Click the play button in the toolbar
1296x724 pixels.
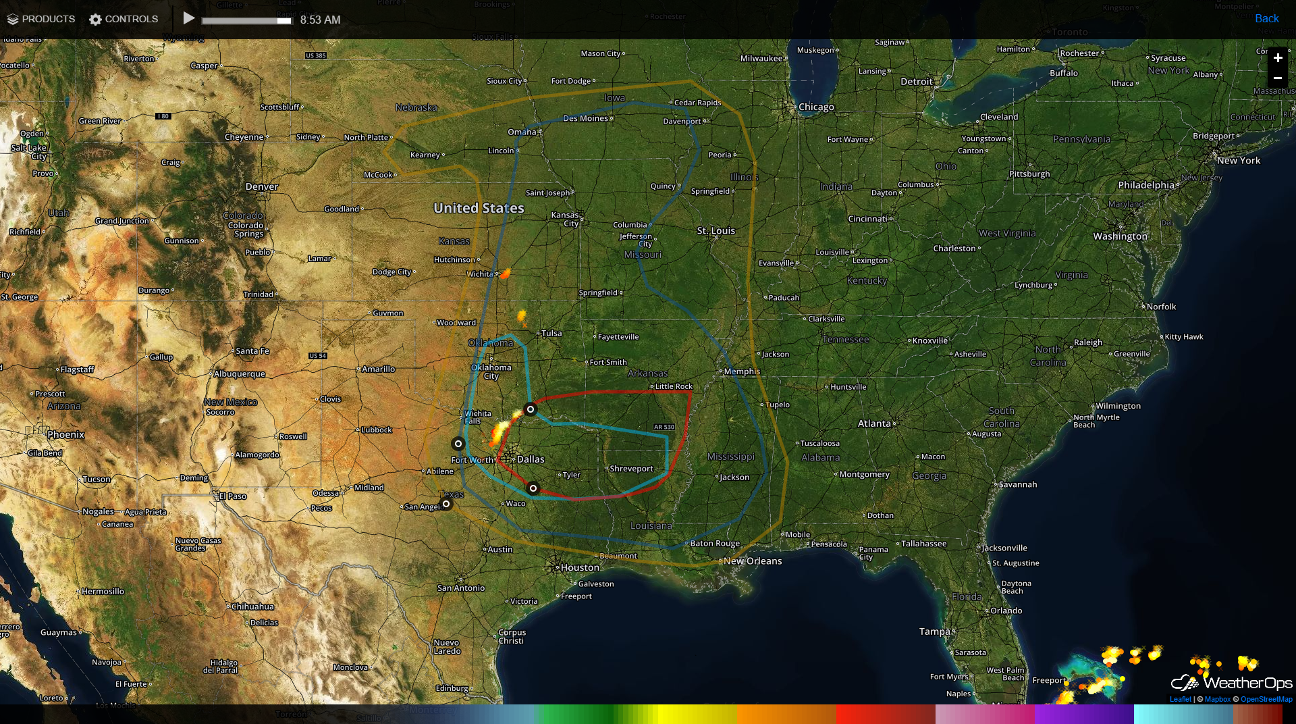point(189,19)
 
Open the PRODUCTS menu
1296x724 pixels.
point(41,19)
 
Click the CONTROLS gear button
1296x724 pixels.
point(124,19)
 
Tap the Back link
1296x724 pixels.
point(1266,19)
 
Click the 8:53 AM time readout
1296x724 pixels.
point(320,20)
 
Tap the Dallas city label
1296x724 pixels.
point(531,459)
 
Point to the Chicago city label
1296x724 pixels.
point(816,107)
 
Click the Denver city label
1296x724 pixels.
point(262,187)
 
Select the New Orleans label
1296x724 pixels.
point(753,561)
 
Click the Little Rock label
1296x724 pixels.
point(674,387)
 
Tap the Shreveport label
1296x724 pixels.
point(631,469)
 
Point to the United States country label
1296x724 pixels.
point(479,208)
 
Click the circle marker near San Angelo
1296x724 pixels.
point(446,504)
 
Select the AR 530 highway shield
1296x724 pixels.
point(664,427)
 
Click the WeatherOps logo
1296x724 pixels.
point(1232,683)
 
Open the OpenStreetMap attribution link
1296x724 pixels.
point(1266,700)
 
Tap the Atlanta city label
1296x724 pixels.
point(874,423)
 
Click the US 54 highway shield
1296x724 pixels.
point(317,356)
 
